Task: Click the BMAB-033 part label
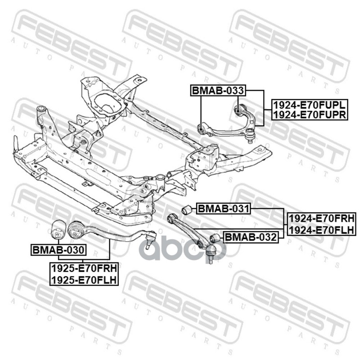coord(218,90)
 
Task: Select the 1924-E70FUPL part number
coord(309,106)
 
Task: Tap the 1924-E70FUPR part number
coord(309,115)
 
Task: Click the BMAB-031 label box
coord(223,209)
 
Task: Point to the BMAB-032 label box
coord(250,237)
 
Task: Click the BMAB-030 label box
coord(58,250)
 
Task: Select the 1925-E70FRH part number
coord(84,269)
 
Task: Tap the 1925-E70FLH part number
coord(84,279)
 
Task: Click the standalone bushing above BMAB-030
coord(58,227)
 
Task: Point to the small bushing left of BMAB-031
coord(187,209)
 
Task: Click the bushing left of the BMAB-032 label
coord(215,238)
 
